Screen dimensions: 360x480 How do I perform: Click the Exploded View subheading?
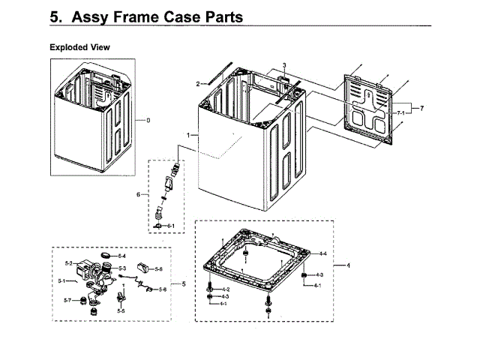tap(79, 47)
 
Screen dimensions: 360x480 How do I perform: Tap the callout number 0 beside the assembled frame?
tap(148, 121)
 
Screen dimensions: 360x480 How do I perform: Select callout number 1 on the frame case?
tap(187, 134)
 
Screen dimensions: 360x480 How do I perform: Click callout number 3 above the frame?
tap(284, 65)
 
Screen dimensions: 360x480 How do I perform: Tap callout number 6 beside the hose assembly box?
tap(138, 195)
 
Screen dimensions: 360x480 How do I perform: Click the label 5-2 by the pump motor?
tap(68, 263)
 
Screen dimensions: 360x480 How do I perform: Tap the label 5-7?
tap(67, 301)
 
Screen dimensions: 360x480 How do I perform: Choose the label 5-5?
tap(121, 310)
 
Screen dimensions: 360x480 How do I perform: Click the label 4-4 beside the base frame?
tap(322, 254)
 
